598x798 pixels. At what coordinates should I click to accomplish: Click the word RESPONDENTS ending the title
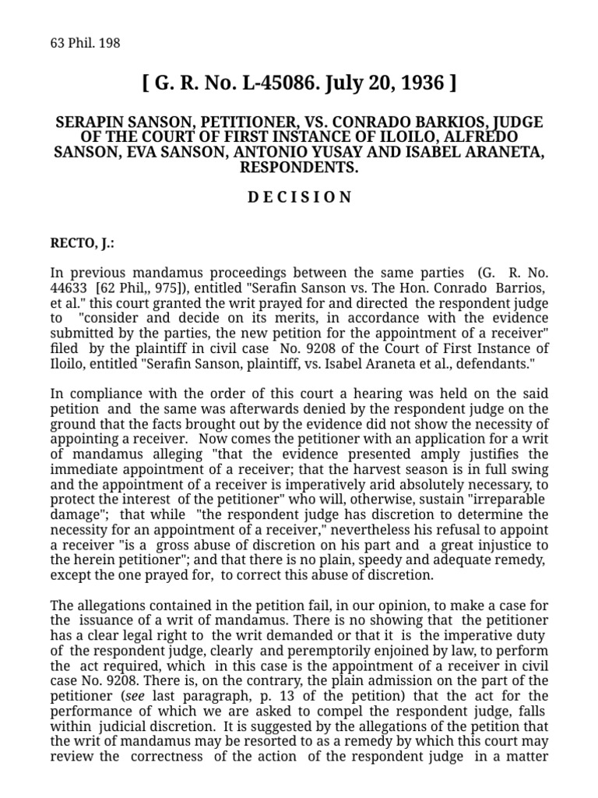point(299,167)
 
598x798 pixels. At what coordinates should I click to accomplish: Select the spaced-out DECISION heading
point(299,196)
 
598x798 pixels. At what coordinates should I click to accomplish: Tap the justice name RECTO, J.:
point(82,242)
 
